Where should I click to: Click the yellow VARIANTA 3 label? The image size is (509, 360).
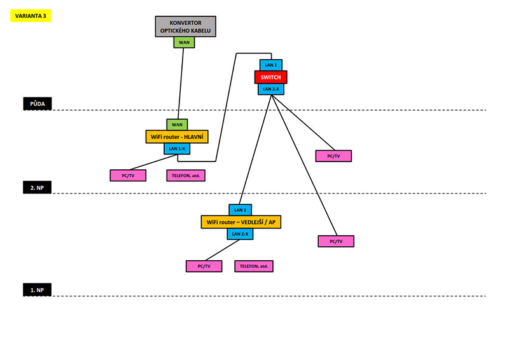[31, 16]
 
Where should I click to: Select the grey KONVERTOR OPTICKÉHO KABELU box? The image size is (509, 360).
[185, 27]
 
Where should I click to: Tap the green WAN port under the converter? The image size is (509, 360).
[185, 42]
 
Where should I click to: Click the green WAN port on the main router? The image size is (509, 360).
[177, 125]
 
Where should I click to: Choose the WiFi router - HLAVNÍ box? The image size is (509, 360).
[177, 136]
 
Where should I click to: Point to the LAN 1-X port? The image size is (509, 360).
[177, 148]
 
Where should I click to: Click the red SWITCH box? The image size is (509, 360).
[271, 77]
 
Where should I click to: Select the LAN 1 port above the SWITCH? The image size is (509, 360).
[271, 65]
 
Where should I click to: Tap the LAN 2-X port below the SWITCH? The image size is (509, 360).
[271, 89]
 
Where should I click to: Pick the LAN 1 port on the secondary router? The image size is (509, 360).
[240, 209]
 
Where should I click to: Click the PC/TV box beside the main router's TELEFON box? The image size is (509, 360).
[128, 174]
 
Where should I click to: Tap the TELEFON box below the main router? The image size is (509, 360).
[189, 174]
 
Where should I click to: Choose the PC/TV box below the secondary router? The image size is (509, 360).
[204, 266]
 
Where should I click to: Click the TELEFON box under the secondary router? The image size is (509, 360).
[254, 266]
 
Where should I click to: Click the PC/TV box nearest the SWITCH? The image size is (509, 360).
[333, 156]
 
